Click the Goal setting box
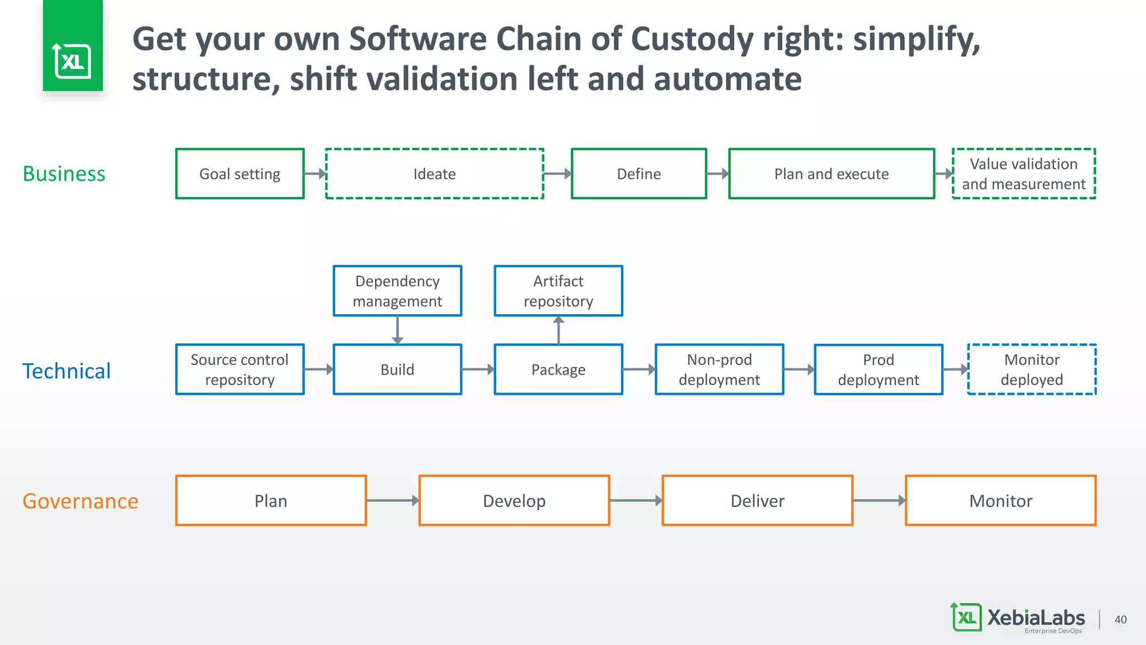[239, 174]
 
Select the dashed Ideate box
[434, 174]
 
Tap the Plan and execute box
[832, 174]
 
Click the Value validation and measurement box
[1023, 174]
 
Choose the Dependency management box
[397, 291]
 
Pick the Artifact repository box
[558, 291]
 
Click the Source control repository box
[239, 370]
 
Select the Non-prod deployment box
[719, 370]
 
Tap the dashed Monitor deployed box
[1031, 370]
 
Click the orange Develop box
[514, 501]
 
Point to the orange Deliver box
[757, 501]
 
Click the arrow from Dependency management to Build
[397, 330]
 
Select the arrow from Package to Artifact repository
[558, 330]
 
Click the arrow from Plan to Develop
[392, 501]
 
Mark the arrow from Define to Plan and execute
[717, 174]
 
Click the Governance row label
[80, 501]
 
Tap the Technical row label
[66, 371]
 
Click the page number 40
[1120, 619]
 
